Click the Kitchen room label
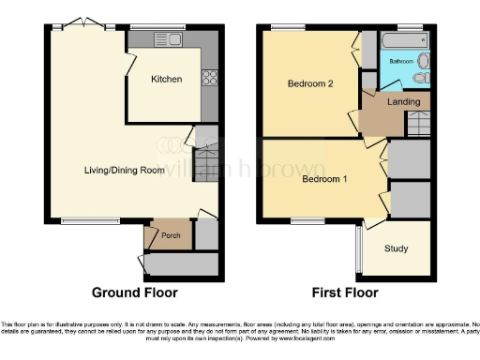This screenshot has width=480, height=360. (x=167, y=80)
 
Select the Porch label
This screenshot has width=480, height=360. (x=171, y=235)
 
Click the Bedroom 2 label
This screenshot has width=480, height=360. (x=309, y=83)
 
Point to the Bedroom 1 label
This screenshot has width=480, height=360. (x=324, y=179)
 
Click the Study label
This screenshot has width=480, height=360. (x=396, y=249)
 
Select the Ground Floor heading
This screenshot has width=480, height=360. (x=134, y=292)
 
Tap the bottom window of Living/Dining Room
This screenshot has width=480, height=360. (x=79, y=221)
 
